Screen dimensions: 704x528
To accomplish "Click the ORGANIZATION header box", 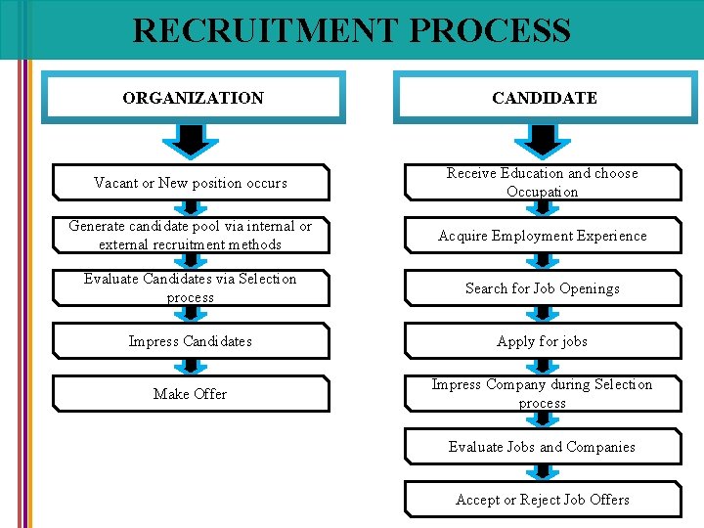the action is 193,98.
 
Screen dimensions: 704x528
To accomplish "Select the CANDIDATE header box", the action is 544,98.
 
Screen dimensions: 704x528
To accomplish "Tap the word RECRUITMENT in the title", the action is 267,30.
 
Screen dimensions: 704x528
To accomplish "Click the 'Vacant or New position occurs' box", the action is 191,183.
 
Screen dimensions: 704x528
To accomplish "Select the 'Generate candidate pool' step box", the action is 191,236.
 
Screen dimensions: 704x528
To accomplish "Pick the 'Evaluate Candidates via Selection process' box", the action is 191,288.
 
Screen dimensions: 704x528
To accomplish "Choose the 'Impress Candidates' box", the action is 191,341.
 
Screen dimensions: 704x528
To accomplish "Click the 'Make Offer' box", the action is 191,394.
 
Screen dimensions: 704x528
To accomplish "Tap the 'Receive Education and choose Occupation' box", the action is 543,183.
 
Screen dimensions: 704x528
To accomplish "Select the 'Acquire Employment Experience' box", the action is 543,236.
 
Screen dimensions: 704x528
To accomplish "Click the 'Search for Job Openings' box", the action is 543,288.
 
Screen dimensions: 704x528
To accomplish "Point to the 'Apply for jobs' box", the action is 543,341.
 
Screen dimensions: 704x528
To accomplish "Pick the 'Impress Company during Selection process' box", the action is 543,394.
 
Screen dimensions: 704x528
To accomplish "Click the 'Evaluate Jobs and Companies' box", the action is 543,447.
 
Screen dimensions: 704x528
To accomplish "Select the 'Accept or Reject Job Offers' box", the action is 543,500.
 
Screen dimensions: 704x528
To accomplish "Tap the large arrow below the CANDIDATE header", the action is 543,141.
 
